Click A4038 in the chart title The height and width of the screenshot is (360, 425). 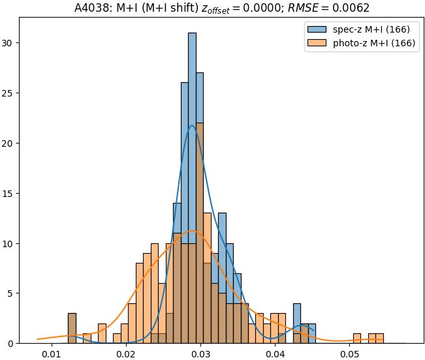[x=89, y=7]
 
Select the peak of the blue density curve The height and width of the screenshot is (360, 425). [x=192, y=126]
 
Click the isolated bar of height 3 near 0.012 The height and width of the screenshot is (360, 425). [x=72, y=328]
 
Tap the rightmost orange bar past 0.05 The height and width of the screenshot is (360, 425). [x=379, y=338]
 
